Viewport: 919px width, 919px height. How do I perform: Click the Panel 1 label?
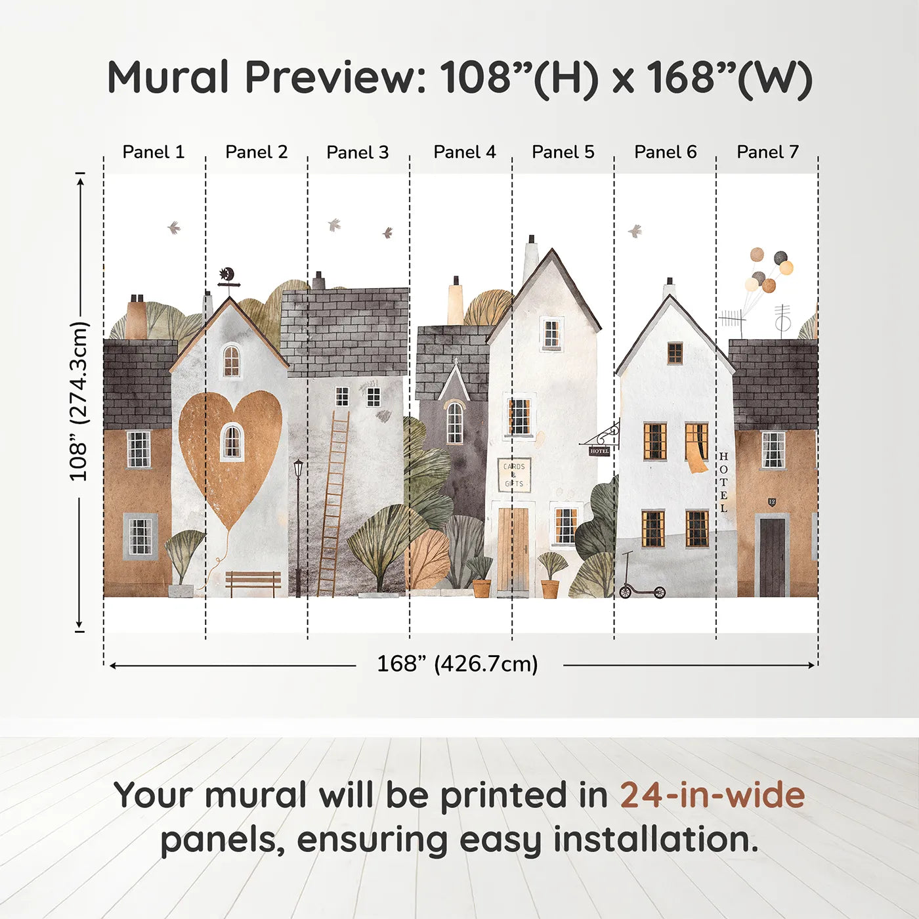tap(154, 152)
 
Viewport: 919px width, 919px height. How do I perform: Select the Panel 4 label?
tap(465, 152)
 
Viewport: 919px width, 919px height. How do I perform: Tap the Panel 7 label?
tap(767, 152)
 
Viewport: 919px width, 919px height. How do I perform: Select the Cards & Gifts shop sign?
tap(514, 475)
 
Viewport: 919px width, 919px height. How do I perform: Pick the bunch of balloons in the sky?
tap(767, 270)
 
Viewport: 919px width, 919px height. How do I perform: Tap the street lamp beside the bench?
tap(299, 525)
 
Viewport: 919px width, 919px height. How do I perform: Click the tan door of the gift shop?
tap(513, 549)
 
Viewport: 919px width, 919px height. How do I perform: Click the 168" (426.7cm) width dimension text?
tap(457, 664)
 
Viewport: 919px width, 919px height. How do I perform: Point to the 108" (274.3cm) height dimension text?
tap(78, 401)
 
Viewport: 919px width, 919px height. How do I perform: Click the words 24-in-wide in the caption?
tap(712, 796)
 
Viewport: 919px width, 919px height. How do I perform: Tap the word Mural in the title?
tap(168, 77)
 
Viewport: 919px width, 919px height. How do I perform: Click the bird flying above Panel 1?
tap(174, 228)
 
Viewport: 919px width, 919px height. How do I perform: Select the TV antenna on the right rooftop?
tap(733, 321)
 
